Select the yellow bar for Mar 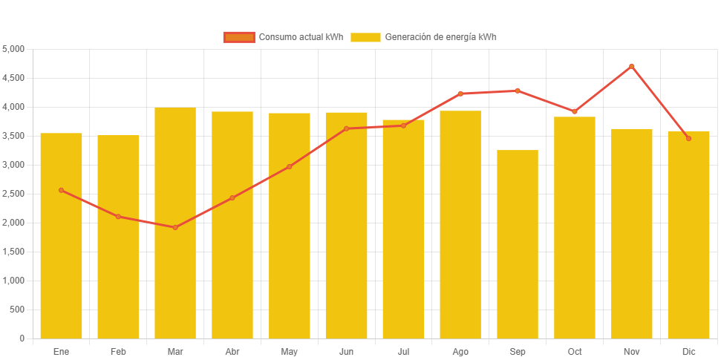175,223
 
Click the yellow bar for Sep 518,244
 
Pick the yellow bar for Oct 575,227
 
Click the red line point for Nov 632,66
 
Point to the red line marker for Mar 175,227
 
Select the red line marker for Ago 460,94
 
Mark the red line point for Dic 688,138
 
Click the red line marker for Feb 118,216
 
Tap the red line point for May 290,166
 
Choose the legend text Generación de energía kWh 441,37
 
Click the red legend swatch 239,37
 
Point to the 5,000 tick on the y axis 14,49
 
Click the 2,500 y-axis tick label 14,194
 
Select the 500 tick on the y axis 18,310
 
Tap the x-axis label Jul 403,351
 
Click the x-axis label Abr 232,351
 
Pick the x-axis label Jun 346,351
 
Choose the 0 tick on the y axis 22,338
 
